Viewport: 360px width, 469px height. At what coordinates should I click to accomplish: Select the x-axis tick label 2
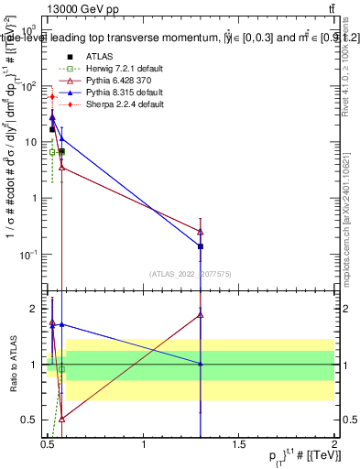click(333, 445)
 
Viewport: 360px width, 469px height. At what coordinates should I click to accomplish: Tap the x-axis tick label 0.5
click(48, 445)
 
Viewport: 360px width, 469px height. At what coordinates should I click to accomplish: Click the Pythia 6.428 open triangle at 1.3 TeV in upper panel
click(201, 232)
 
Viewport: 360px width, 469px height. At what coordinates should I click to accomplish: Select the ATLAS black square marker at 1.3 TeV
click(201, 246)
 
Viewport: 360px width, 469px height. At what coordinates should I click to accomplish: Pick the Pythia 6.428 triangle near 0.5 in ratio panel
click(61, 418)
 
